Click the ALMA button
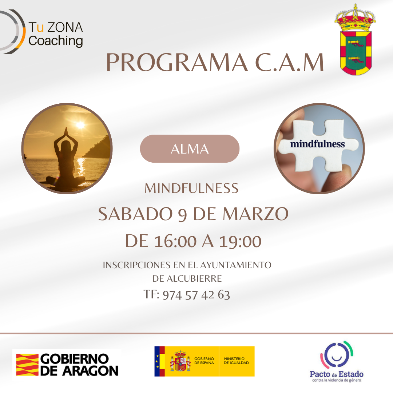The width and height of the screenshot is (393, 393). [x=190, y=148]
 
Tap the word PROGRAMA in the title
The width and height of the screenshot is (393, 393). [x=177, y=63]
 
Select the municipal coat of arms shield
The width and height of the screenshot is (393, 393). [x=356, y=53]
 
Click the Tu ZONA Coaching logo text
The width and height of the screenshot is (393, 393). [x=56, y=34]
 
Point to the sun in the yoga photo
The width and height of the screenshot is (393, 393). [x=80, y=124]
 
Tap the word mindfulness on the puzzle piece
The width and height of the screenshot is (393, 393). [x=318, y=144]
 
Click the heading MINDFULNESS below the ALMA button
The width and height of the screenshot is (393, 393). [x=191, y=188]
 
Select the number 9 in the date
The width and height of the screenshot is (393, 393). [x=182, y=215]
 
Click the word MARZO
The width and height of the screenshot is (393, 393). [x=256, y=214]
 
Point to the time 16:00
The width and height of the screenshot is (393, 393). [x=175, y=241]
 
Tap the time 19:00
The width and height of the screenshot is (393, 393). [x=240, y=241]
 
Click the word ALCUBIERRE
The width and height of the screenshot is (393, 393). [x=194, y=278]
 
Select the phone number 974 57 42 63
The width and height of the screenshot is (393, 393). [x=196, y=295]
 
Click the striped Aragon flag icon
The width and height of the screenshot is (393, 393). [x=27, y=365]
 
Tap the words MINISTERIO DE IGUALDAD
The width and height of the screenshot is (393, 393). [x=237, y=361]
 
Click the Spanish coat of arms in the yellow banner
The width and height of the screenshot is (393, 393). [x=180, y=361]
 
